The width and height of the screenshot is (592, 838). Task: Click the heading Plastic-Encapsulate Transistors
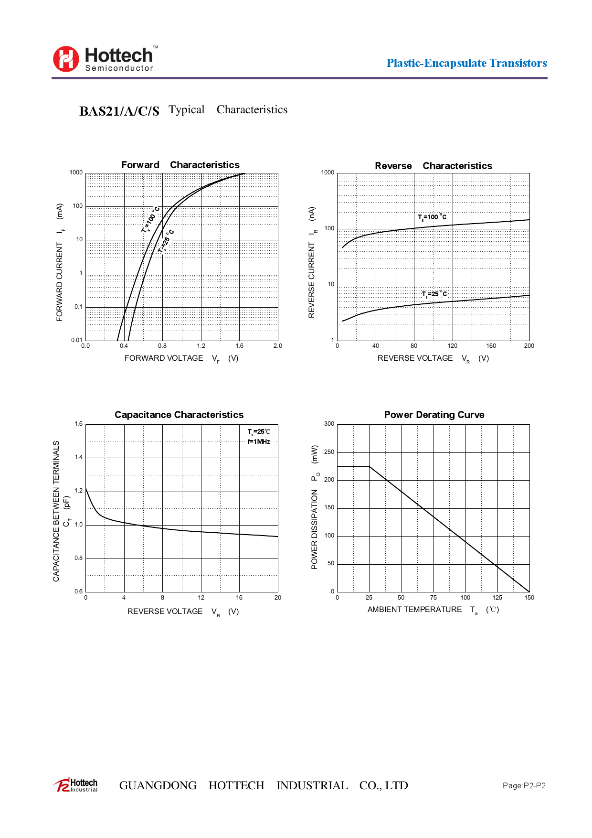click(x=466, y=63)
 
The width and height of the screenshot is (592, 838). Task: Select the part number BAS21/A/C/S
click(x=119, y=111)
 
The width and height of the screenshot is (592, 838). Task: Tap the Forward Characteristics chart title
click(x=180, y=165)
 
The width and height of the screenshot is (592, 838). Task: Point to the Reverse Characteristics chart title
click(x=433, y=166)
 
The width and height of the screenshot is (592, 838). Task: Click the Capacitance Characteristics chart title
click(x=179, y=415)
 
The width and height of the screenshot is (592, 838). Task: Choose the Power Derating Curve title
click(x=434, y=415)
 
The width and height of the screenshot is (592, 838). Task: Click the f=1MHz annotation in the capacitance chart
click(x=259, y=441)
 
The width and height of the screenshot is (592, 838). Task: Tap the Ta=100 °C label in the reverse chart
click(x=432, y=217)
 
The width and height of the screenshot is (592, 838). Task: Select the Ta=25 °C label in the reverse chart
click(x=434, y=294)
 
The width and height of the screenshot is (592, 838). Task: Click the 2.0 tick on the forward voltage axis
click(x=277, y=346)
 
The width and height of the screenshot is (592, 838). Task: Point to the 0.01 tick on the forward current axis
click(x=76, y=340)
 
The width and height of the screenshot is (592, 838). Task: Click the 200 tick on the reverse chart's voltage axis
click(x=529, y=346)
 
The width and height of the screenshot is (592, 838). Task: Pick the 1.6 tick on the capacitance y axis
click(x=79, y=424)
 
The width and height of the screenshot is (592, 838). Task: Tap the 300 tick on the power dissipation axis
click(x=329, y=424)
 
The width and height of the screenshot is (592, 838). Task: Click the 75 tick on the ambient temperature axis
click(x=433, y=598)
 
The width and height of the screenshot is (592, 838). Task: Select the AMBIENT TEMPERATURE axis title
click(x=414, y=610)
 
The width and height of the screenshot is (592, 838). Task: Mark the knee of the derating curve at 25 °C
click(x=370, y=466)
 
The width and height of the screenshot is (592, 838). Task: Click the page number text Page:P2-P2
click(x=524, y=785)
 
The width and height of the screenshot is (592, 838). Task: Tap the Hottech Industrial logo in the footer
click(x=76, y=785)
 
